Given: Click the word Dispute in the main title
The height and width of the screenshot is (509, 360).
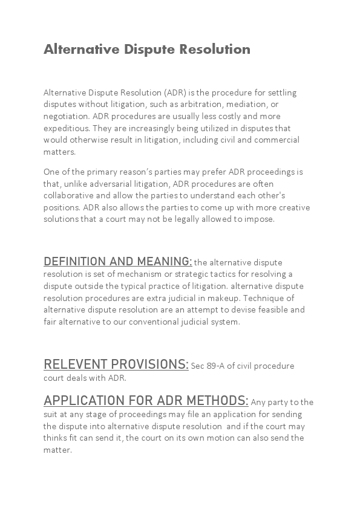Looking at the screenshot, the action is point(148,50).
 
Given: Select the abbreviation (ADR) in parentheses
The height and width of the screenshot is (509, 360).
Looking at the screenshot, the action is point(174,92).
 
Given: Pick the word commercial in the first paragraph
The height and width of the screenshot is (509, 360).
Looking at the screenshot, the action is point(278,140).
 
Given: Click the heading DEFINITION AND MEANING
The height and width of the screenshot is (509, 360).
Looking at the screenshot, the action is point(117,262).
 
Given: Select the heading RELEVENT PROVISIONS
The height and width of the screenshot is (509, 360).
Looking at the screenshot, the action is point(116,365).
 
